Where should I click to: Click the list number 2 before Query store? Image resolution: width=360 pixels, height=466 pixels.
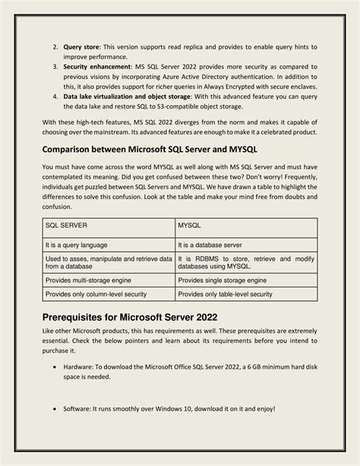click(x=55, y=47)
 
